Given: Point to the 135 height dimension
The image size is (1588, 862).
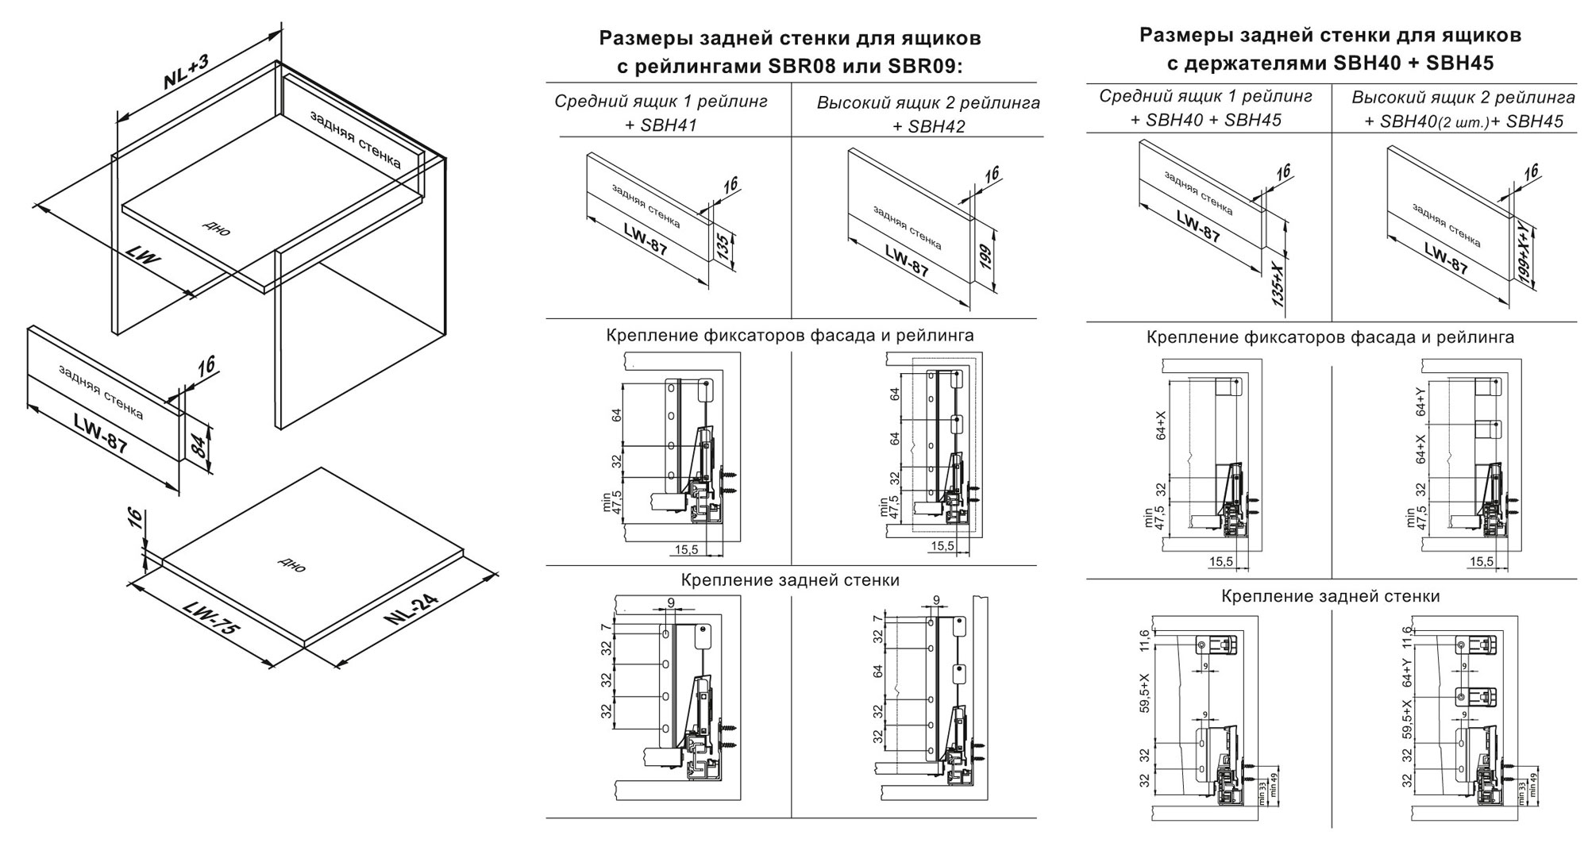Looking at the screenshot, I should [x=723, y=248].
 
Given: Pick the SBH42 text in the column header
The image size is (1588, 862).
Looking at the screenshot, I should [x=937, y=126].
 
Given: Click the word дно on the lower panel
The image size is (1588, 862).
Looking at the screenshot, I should [x=291, y=564].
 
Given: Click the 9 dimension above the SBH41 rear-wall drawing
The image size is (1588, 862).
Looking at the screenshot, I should [x=671, y=603].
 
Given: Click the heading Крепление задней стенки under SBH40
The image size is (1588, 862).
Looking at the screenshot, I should [x=1330, y=596].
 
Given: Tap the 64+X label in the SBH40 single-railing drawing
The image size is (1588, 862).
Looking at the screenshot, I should [x=1161, y=425].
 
